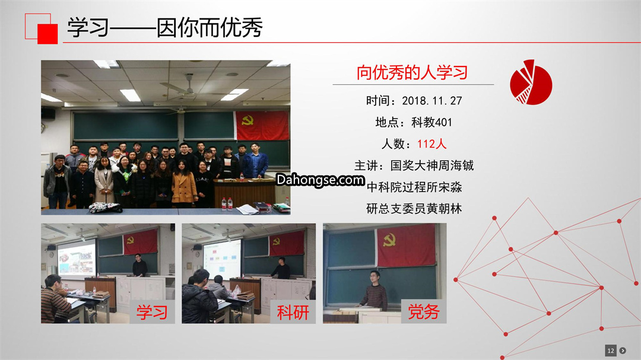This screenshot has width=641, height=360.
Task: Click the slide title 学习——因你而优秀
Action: pos(165,27)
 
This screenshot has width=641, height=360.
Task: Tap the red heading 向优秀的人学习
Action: pos(412,72)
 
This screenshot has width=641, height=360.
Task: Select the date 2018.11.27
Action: pos(431,100)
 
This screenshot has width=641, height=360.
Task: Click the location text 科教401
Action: pos(431,122)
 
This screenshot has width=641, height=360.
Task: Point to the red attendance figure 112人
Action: pos(431,144)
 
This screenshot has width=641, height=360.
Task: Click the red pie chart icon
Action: pos(531,82)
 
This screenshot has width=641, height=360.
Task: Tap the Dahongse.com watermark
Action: pos(320,180)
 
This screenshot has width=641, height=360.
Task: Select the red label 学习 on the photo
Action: pos(152,313)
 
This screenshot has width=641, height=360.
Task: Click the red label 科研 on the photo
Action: pos(293,313)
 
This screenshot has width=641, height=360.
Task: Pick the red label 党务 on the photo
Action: pos(424,312)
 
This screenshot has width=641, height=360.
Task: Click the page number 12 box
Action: pos(611,351)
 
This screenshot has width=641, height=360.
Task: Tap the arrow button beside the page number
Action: pos(623,351)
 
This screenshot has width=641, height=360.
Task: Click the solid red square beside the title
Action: pos(47,34)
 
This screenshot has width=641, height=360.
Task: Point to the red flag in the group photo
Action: pos(262,126)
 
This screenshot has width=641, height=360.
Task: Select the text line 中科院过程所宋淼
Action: pos(414,187)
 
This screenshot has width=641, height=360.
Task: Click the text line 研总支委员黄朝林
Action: pos(414,209)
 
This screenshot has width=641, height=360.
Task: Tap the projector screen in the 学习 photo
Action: pos(77,257)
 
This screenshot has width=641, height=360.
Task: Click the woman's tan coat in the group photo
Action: pos(185,187)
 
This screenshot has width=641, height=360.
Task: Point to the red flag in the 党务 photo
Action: pos(406,246)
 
